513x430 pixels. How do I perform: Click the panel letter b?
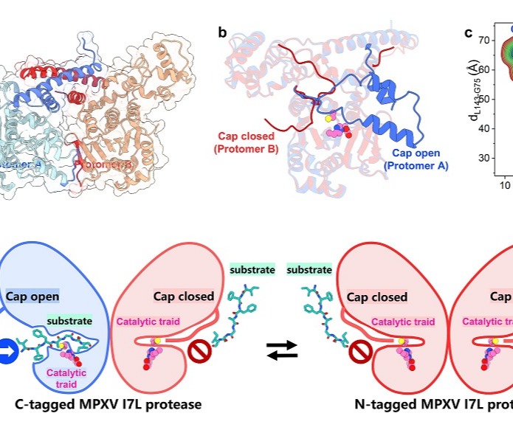pos(222,32)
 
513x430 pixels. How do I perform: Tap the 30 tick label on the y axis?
pos(485,158)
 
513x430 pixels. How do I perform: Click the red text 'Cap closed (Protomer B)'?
pos(245,143)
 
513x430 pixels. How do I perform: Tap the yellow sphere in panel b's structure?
pos(328,118)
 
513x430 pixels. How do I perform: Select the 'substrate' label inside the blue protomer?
pos(69,321)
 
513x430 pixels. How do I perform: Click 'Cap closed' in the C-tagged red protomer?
pos(184,297)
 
